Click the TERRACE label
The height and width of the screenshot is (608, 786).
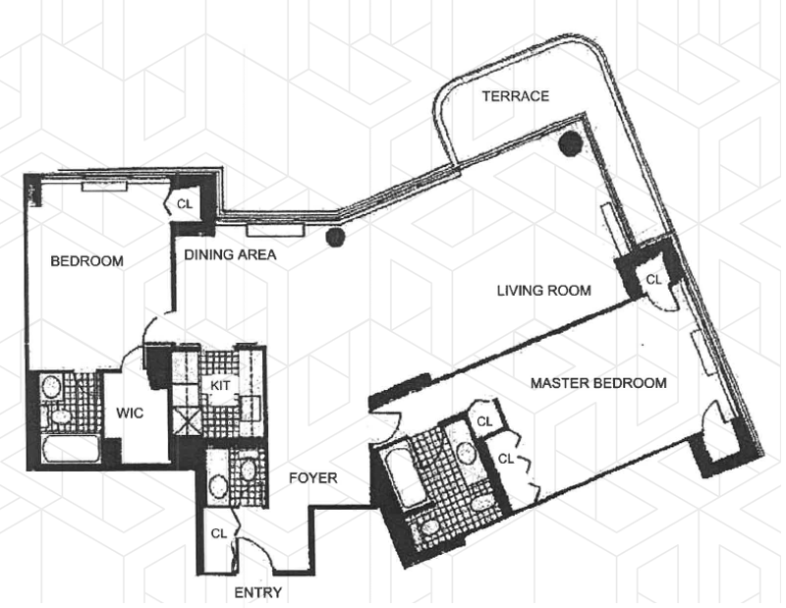tap(514, 96)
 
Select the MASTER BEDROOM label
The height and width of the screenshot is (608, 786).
tap(599, 382)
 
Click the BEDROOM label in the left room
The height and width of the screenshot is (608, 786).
tap(86, 261)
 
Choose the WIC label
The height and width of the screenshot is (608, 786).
tap(130, 414)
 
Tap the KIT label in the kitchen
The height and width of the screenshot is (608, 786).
tap(221, 386)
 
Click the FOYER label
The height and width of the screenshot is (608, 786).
tap(313, 478)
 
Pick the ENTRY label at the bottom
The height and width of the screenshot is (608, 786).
tap(258, 592)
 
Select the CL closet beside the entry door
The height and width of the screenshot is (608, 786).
tap(219, 533)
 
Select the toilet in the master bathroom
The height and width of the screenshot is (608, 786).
tap(430, 528)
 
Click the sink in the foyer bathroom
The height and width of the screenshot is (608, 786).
tap(247, 470)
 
